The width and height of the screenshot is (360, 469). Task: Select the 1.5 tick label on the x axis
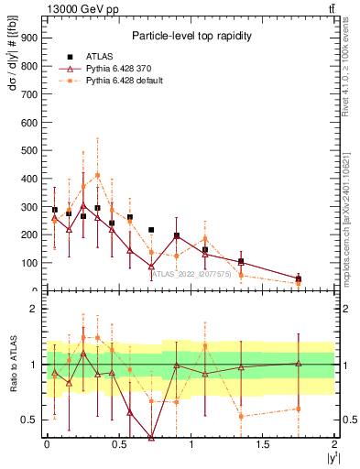click(264, 444)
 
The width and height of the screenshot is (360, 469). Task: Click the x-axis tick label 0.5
click(119, 444)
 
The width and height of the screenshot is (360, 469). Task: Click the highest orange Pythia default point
click(98, 175)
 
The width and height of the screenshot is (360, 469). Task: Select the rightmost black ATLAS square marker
click(298, 278)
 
